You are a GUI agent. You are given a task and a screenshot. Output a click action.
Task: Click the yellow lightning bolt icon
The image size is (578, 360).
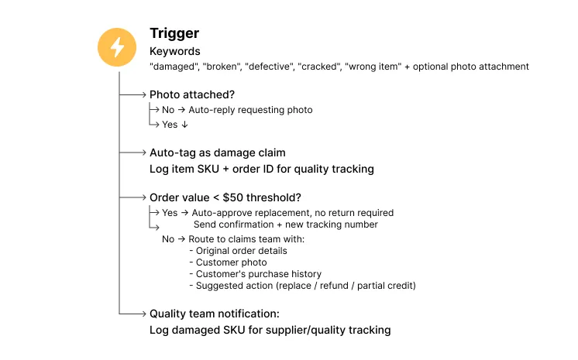click(x=117, y=46)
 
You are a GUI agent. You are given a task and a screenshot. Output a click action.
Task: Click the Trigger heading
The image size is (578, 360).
click(x=174, y=33)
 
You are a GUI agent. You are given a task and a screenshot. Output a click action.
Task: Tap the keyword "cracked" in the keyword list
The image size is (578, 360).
click(x=318, y=67)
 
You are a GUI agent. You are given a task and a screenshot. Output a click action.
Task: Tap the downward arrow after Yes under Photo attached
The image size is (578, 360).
click(x=184, y=125)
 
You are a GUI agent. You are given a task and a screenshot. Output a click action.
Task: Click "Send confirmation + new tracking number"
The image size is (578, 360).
click(x=286, y=225)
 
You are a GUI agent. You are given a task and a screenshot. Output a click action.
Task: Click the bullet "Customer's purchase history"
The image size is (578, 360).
click(x=258, y=274)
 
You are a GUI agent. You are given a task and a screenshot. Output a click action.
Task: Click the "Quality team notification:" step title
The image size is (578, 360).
click(x=214, y=314)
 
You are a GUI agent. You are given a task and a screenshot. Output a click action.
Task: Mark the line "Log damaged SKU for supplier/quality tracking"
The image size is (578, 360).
click(x=270, y=330)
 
